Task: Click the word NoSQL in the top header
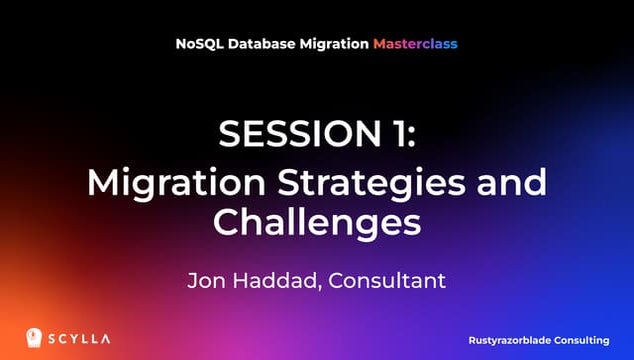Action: [x=196, y=45]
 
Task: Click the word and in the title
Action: [x=511, y=183]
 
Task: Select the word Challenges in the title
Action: [x=317, y=223]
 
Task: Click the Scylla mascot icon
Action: [x=33, y=336]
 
